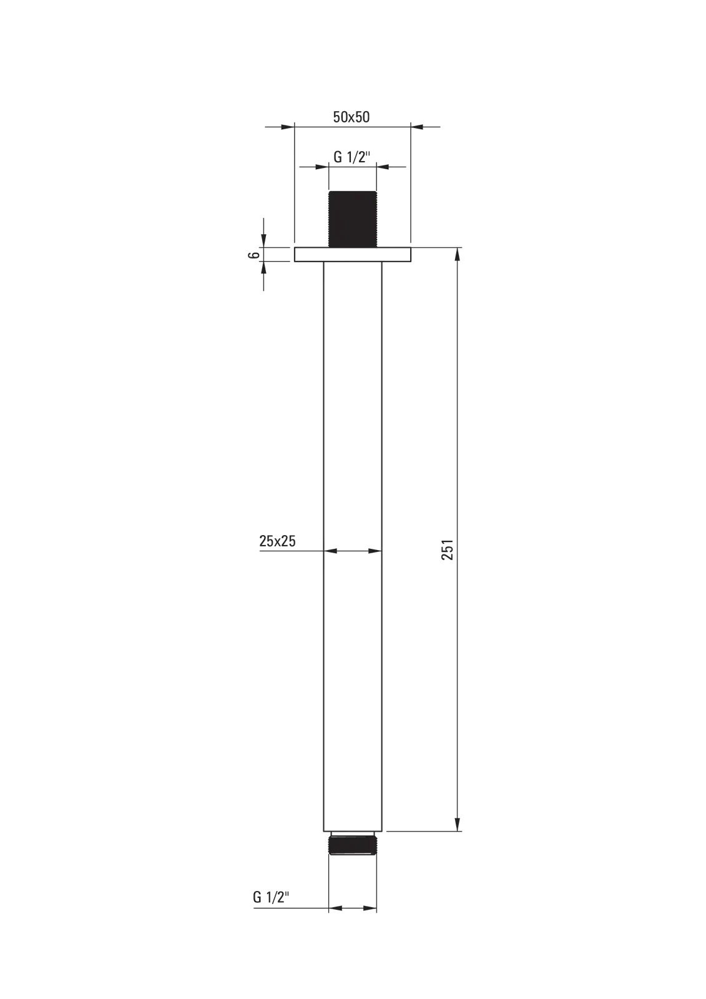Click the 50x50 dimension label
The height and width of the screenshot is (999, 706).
click(x=351, y=117)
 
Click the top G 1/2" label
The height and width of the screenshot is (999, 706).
click(x=352, y=157)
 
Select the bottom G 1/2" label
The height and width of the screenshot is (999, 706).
click(x=271, y=897)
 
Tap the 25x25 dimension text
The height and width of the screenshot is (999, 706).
click(x=277, y=541)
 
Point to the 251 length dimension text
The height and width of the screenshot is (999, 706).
click(x=448, y=549)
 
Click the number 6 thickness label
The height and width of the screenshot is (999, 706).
click(x=253, y=255)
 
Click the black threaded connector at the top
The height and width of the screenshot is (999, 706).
click(x=352, y=219)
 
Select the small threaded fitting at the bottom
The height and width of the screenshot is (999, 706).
click(x=352, y=845)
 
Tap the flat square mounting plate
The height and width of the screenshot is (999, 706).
click(x=352, y=254)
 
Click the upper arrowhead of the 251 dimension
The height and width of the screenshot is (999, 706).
click(x=458, y=253)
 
